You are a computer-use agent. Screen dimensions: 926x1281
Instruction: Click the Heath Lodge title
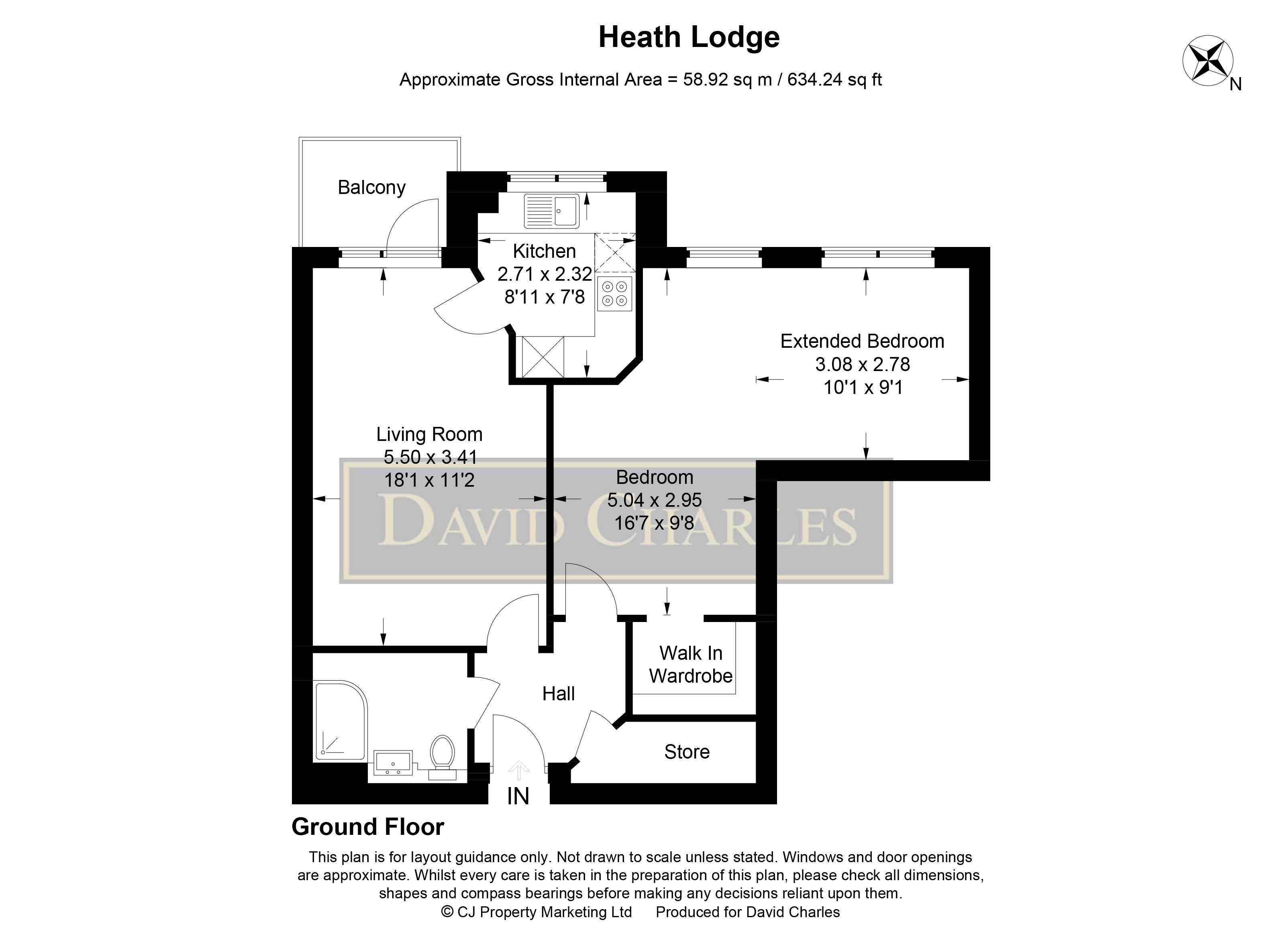click(x=689, y=38)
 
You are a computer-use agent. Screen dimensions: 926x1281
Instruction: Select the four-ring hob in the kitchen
click(x=614, y=294)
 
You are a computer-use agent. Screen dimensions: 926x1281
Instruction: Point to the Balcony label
click(x=371, y=188)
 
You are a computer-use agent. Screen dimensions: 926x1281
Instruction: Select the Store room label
click(x=686, y=752)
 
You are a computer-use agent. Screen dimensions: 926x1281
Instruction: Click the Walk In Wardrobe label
click(x=690, y=665)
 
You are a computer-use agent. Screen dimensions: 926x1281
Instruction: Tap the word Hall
click(x=558, y=694)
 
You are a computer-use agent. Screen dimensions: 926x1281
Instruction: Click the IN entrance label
click(x=518, y=797)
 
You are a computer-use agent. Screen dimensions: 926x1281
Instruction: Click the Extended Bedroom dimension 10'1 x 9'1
click(x=863, y=388)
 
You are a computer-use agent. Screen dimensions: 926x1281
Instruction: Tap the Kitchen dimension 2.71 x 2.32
click(x=545, y=274)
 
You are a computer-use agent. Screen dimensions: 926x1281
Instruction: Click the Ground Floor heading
click(x=368, y=827)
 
